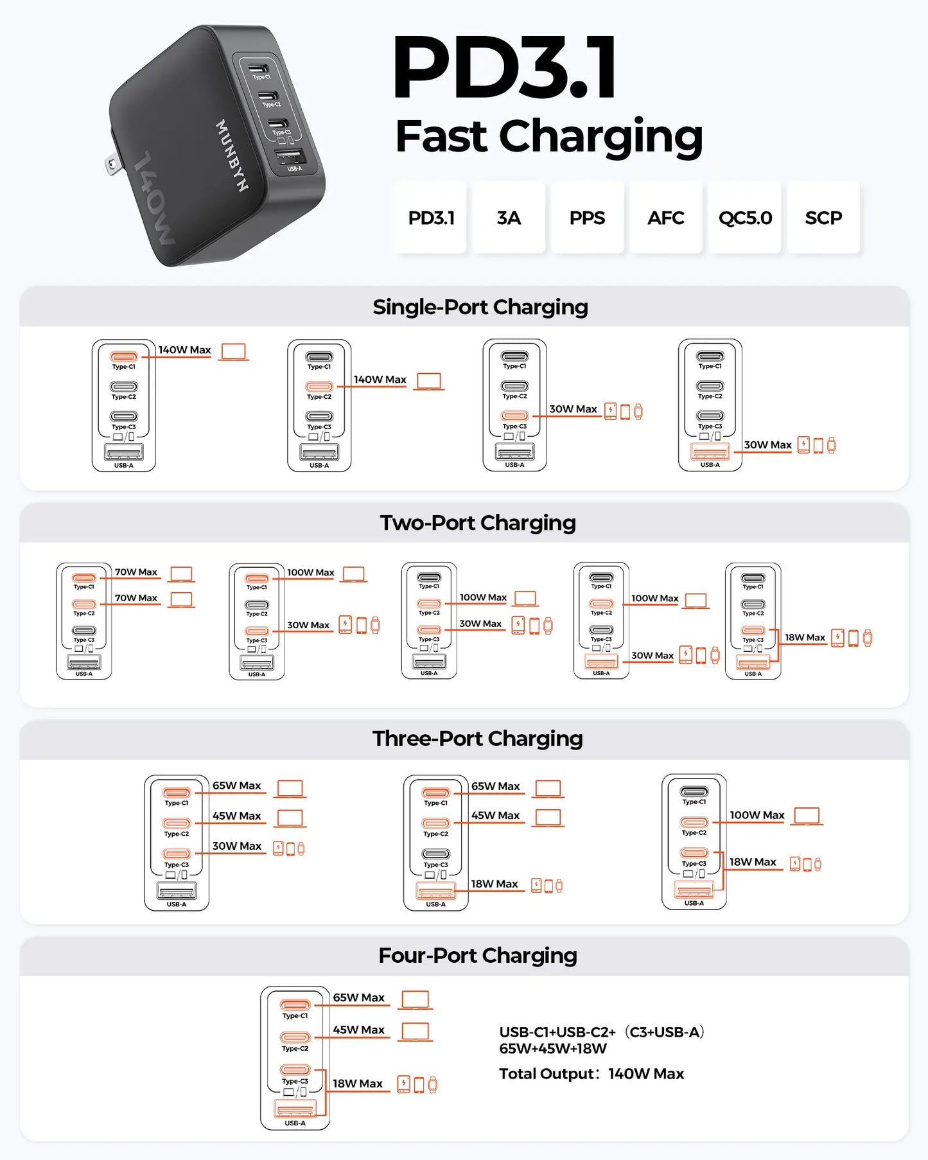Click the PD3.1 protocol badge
431,218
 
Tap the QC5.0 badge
745,218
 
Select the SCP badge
823,218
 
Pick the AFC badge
665,218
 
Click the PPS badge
587,218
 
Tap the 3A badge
509,218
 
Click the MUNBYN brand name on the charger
232,155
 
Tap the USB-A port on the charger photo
290,157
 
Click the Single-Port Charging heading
480,307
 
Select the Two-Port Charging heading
478,523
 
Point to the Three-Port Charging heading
478,739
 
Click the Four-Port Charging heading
478,956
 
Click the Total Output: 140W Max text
591,1074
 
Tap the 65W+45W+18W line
553,1049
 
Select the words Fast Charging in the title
549,136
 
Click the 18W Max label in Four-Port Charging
358,1084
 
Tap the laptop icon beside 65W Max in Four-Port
415,1000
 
